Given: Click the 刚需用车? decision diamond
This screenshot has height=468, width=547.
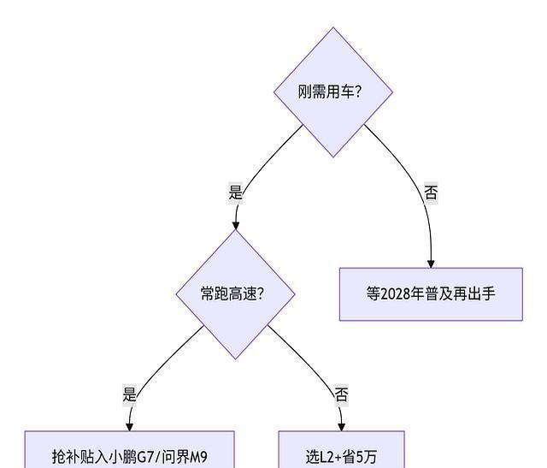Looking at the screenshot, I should point(332,92).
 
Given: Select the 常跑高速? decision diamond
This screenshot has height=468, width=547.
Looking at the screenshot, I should point(235,293).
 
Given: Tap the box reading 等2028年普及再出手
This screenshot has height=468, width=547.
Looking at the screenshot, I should point(431,293).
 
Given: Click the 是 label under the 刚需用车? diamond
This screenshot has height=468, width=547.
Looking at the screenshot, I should point(236,193).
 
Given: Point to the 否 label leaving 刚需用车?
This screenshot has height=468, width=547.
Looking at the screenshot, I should point(431,193).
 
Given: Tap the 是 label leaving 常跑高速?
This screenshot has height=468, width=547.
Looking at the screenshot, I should point(130,394).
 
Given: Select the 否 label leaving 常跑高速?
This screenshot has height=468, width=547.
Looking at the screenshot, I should point(341,394).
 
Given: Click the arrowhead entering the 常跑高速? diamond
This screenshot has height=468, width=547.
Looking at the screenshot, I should point(236,224).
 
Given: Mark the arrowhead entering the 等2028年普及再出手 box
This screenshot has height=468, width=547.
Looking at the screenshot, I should point(431,263).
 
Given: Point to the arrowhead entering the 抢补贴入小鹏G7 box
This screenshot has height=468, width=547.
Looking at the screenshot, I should point(130,426).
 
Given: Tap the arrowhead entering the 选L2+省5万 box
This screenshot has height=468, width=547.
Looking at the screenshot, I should point(341,426).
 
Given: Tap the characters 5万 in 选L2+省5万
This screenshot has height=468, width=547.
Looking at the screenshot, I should point(368,457).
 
